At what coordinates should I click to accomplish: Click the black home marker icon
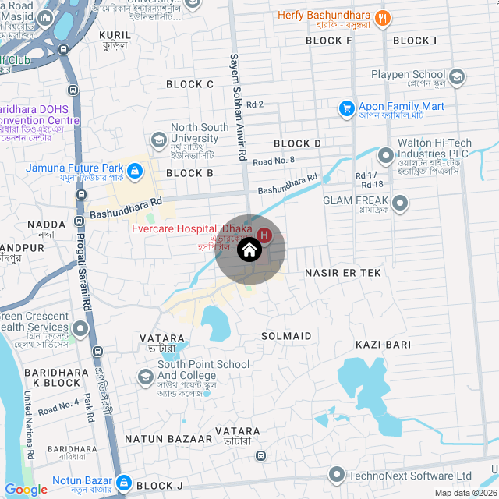[x=249, y=250]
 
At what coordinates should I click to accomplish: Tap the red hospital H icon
[x=264, y=235]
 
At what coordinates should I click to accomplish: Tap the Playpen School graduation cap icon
[x=457, y=76]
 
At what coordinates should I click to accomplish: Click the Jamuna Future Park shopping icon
[x=134, y=169]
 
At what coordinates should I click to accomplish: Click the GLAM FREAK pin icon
[x=401, y=204]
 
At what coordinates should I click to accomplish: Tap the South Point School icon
[x=145, y=377]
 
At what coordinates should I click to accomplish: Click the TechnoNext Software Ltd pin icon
[x=336, y=474]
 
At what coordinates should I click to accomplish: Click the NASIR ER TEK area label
[x=343, y=273]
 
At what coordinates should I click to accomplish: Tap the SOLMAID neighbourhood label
[x=286, y=336]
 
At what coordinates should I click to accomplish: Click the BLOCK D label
[x=298, y=143]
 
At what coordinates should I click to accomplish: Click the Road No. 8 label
[x=274, y=161]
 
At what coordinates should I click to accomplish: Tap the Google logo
[x=26, y=489]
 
